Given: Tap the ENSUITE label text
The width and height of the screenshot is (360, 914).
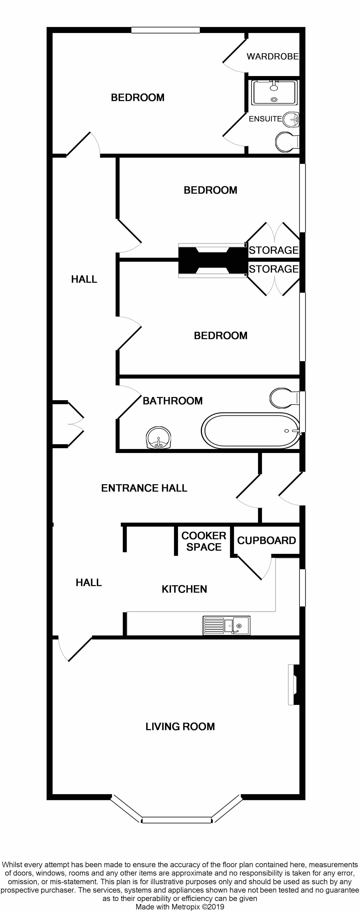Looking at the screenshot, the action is [265, 119].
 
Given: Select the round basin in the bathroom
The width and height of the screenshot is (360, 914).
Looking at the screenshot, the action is [159, 437].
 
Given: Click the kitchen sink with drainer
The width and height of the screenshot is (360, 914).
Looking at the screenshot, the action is [226, 625].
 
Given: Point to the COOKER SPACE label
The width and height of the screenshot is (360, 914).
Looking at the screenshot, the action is [204, 541].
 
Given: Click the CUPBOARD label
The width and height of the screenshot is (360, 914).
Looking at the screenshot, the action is [266, 540].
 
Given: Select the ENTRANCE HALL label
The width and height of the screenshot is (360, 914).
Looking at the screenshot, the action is [144, 488].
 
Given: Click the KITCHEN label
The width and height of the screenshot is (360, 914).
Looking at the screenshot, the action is [184, 589].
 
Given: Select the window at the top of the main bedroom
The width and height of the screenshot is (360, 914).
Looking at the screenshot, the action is [165, 30].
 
